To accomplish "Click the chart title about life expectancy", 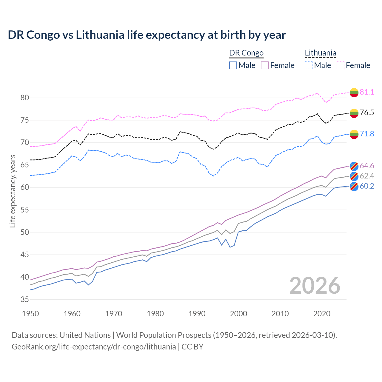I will click(x=147, y=35).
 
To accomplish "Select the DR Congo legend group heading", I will click(x=246, y=53).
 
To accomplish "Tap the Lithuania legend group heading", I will click(x=320, y=53).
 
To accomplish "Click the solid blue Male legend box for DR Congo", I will click(x=233, y=65).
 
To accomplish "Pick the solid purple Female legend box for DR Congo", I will click(x=265, y=65).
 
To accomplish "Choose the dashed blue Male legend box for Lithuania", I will click(x=309, y=65).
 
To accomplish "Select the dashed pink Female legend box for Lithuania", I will click(x=341, y=65).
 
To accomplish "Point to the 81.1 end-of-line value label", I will click(x=367, y=92).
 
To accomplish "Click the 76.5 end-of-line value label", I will click(x=367, y=113).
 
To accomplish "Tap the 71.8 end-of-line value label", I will click(x=367, y=134).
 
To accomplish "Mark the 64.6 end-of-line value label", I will click(x=367, y=166).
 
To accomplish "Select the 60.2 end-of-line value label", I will click(x=367, y=186).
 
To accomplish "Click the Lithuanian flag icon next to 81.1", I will click(x=354, y=93).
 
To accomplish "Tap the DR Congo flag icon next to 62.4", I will click(x=354, y=176).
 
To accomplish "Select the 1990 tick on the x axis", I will click(x=197, y=314).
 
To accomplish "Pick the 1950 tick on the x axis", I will click(x=31, y=314).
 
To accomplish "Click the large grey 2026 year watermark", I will click(x=315, y=286).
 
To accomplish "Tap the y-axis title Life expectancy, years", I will click(x=13, y=191).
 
